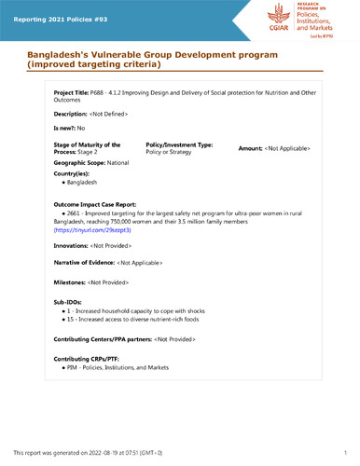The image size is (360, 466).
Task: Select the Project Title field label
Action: (x=71, y=95)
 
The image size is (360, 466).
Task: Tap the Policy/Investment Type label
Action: (x=180, y=145)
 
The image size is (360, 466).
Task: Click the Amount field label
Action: (x=251, y=149)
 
